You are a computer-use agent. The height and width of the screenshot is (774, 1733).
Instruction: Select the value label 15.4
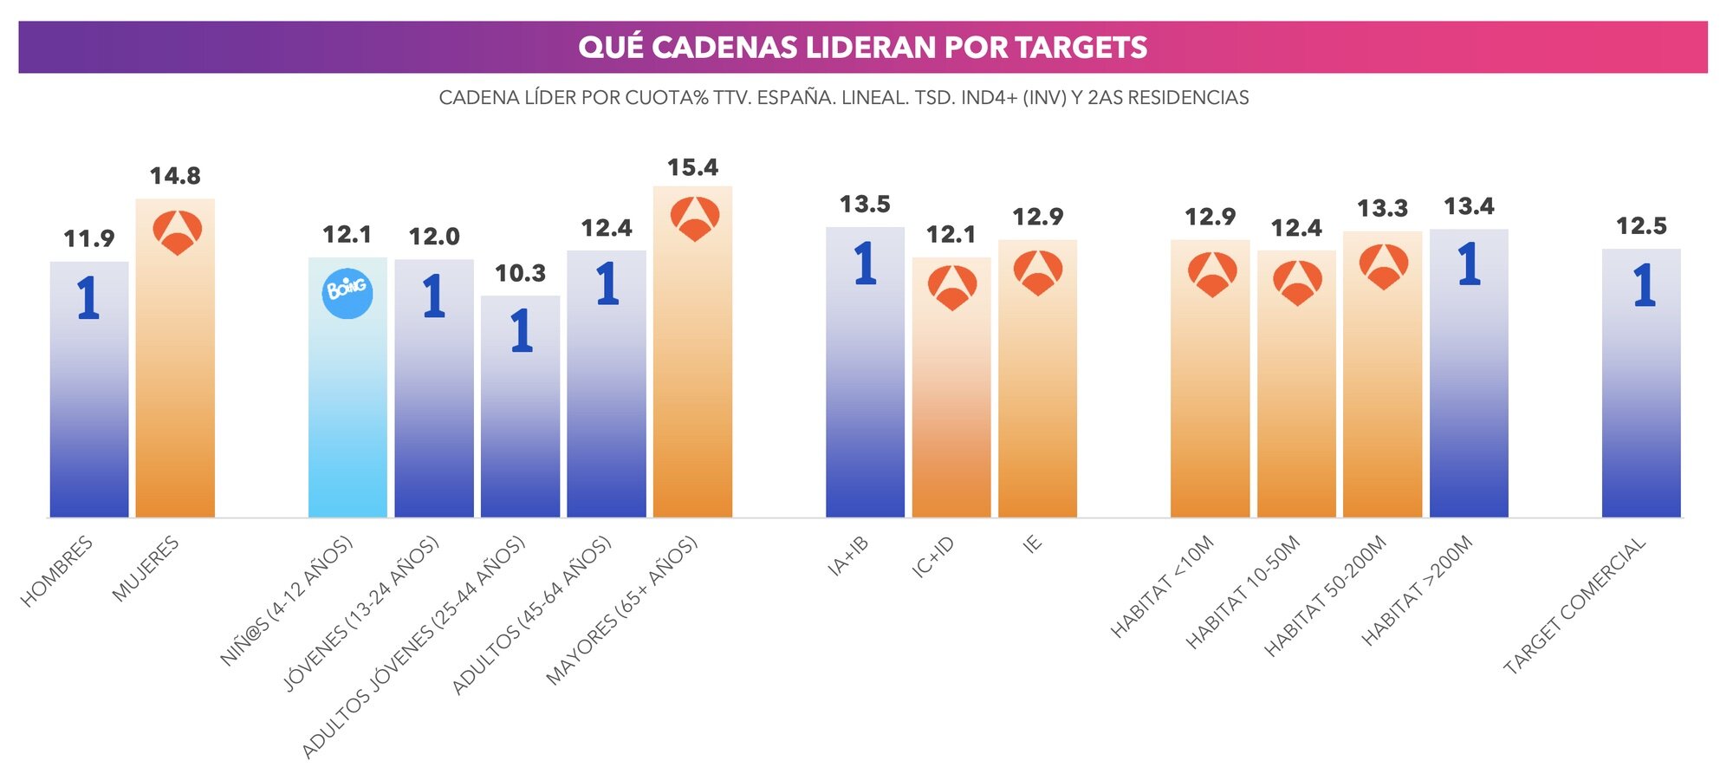[x=692, y=167]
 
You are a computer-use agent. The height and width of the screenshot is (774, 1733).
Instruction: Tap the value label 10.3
[x=520, y=274]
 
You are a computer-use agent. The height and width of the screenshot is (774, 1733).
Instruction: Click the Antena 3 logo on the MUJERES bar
[x=177, y=232]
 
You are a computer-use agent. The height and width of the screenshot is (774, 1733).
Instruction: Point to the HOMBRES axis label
[x=57, y=572]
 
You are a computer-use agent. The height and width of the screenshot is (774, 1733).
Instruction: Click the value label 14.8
[x=175, y=176]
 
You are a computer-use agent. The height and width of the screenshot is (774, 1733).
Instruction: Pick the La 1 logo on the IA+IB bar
[x=865, y=263]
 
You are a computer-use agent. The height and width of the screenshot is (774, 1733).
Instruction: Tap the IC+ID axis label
[x=933, y=556]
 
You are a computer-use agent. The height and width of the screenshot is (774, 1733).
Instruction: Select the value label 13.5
[x=865, y=205]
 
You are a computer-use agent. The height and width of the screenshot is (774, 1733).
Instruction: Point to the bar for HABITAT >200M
[x=1468, y=381]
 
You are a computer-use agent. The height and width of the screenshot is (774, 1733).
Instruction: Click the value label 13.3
[x=1382, y=209]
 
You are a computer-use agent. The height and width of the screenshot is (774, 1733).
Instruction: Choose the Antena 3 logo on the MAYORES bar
[x=694, y=218]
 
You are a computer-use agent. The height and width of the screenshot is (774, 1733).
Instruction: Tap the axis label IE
[x=1032, y=544]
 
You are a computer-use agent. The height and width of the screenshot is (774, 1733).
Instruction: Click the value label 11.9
[x=89, y=239]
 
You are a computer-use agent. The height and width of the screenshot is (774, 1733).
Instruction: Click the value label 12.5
[x=1640, y=226]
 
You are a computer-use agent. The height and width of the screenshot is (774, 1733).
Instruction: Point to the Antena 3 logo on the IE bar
[x=1037, y=272]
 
